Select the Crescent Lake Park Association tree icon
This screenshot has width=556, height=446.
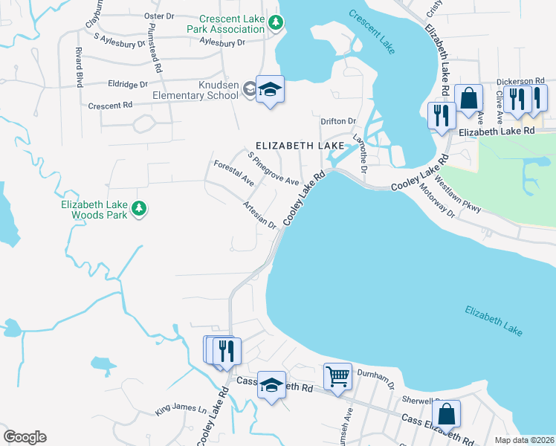[276, 23]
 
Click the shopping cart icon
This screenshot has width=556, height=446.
[337, 376]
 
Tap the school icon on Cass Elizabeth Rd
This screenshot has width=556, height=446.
[271, 386]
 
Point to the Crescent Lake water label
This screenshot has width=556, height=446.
[372, 31]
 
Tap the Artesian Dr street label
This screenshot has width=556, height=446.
[260, 214]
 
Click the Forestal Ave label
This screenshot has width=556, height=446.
[233, 172]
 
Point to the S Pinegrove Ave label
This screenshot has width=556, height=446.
[273, 169]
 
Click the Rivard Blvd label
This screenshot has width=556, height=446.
[78, 66]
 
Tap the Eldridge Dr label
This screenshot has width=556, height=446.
[129, 84]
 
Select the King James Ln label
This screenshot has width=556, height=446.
[181, 409]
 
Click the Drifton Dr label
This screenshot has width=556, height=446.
[338, 120]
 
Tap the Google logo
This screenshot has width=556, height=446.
[25, 437]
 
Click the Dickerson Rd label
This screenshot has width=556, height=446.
[521, 80]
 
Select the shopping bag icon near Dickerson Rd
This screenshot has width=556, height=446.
[469, 98]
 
